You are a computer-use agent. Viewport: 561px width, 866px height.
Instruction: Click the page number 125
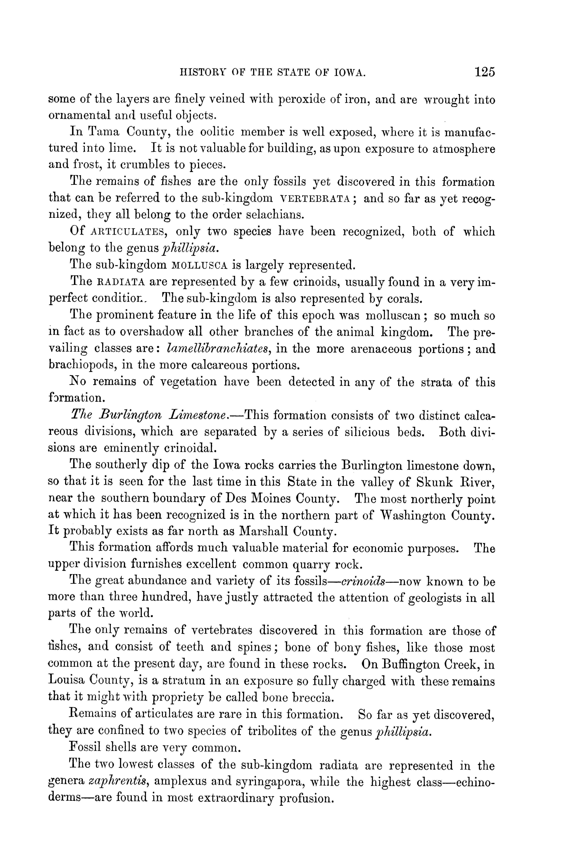pos(484,72)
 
